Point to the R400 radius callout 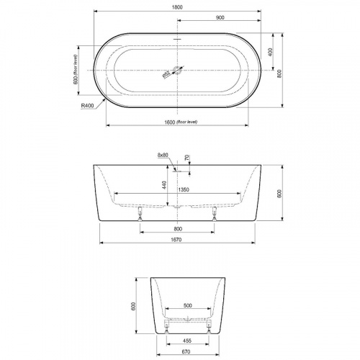(x=88, y=105)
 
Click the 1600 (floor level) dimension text (x=177, y=122)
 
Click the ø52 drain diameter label (x=166, y=73)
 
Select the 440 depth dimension (x=166, y=185)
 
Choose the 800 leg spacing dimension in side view (x=177, y=228)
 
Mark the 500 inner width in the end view (x=187, y=305)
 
